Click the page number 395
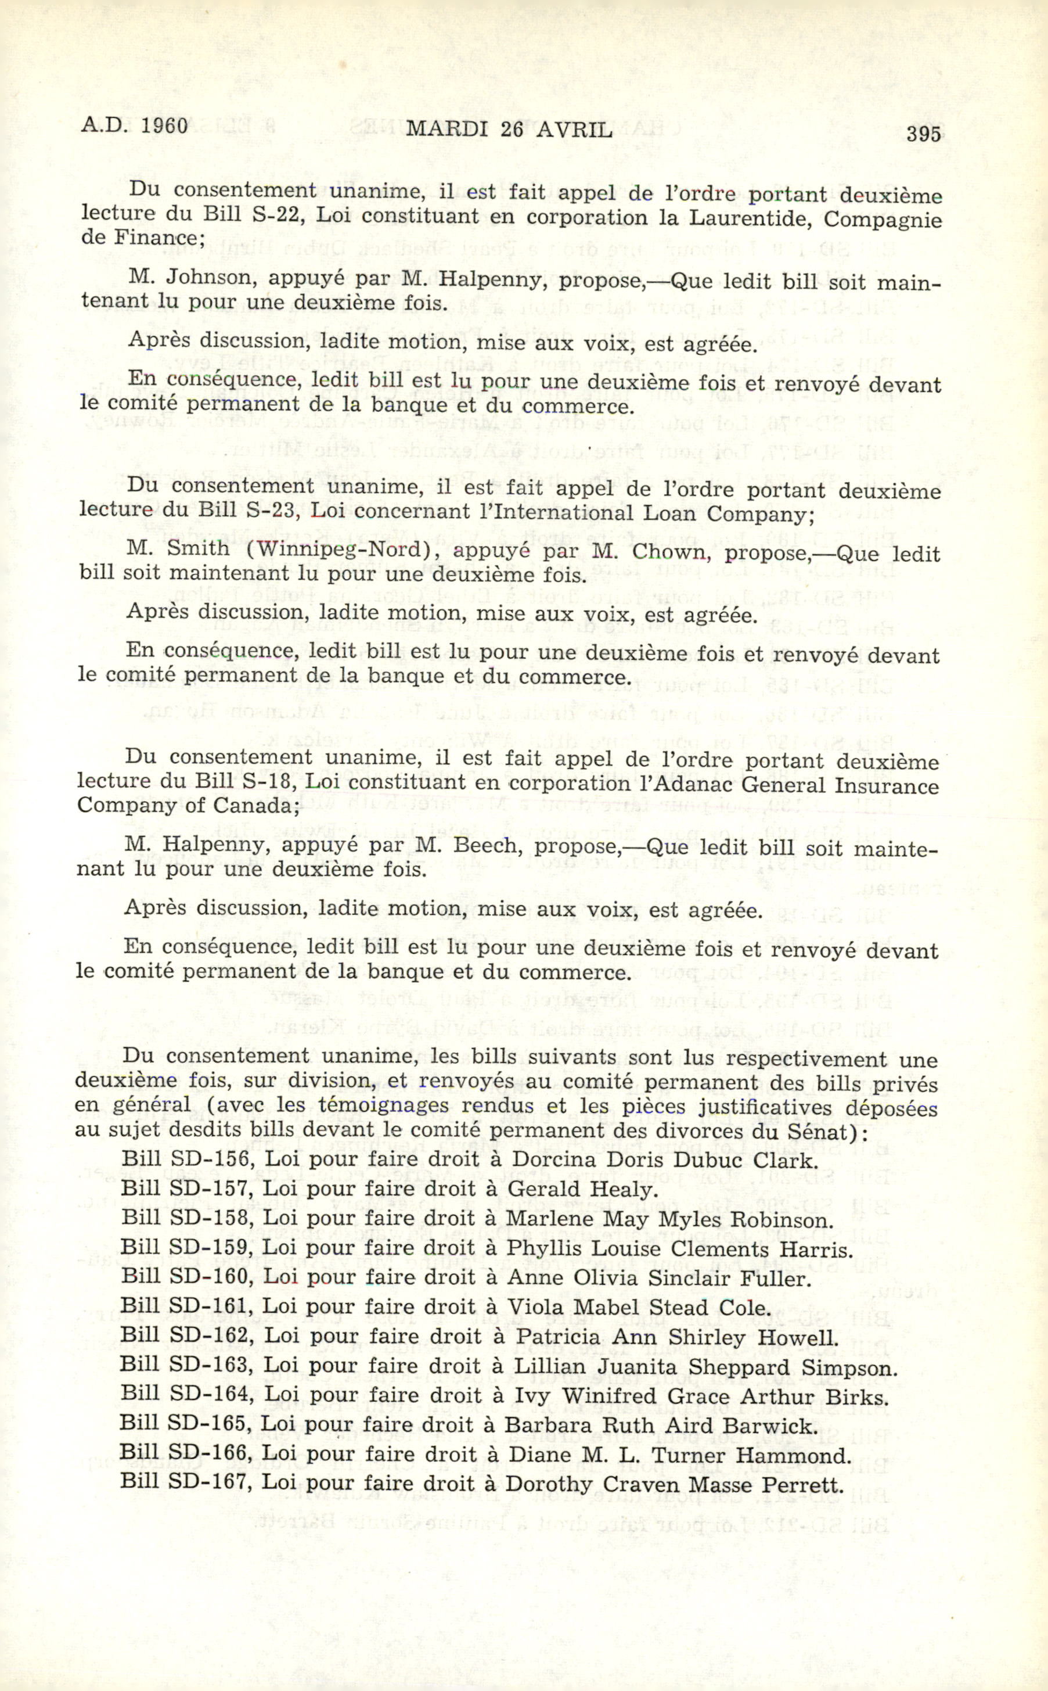[923, 133]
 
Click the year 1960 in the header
[164, 126]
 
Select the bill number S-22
[276, 214]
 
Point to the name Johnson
[210, 277]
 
